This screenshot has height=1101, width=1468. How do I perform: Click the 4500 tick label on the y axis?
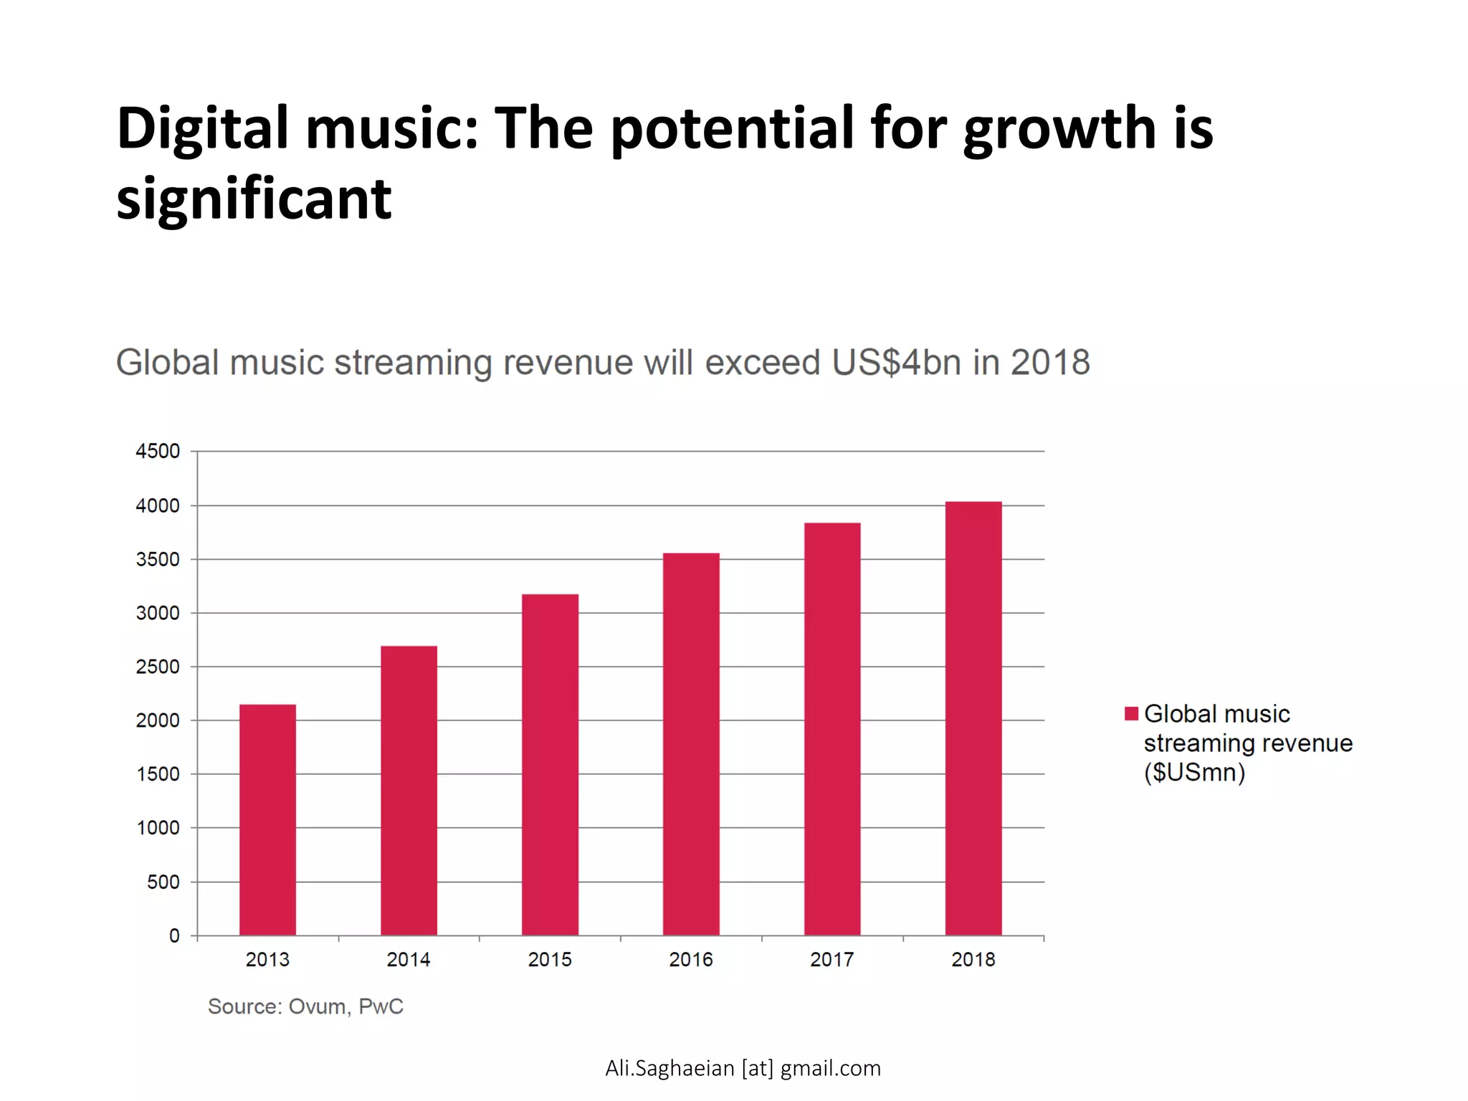pyautogui.click(x=158, y=452)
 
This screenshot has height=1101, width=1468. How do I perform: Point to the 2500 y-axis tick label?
pyautogui.click(x=158, y=667)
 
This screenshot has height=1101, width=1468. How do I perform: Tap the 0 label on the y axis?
pyautogui.click(x=174, y=935)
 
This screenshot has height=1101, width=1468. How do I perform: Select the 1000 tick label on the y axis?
pyautogui.click(x=158, y=828)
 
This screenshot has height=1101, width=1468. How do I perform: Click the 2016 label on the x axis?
pyautogui.click(x=691, y=960)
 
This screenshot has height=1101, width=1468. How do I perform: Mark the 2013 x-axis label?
pyautogui.click(x=267, y=960)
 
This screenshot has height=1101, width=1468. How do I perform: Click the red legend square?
pyautogui.click(x=1131, y=713)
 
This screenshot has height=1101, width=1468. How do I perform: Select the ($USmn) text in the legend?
pyautogui.click(x=1194, y=773)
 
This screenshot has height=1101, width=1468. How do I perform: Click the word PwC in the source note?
pyautogui.click(x=381, y=1006)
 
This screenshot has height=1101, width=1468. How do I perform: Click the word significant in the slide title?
pyautogui.click(x=254, y=199)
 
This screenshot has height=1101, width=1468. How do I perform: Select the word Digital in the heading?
pyautogui.click(x=202, y=129)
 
